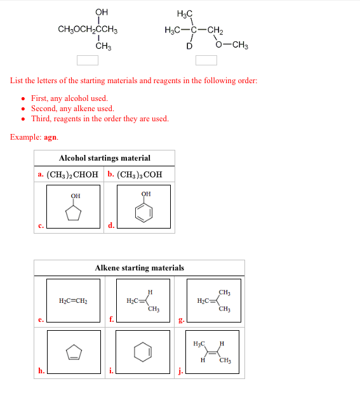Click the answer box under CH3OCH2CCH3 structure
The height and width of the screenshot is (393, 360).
(x=88, y=60)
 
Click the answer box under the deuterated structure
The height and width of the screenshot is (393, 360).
(x=206, y=60)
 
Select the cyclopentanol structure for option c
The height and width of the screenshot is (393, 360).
(x=74, y=207)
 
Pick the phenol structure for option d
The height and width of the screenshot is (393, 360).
(x=144, y=207)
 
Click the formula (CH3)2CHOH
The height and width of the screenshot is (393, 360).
(x=73, y=174)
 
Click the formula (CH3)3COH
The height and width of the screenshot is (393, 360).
(x=139, y=174)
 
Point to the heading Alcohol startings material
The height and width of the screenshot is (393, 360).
(x=104, y=158)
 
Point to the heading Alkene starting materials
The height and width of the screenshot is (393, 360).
(x=139, y=268)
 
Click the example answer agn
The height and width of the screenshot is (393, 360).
(x=50, y=137)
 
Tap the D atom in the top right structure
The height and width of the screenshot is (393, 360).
(x=189, y=46)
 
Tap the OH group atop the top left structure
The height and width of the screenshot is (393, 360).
(x=101, y=12)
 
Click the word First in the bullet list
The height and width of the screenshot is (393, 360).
(x=39, y=98)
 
